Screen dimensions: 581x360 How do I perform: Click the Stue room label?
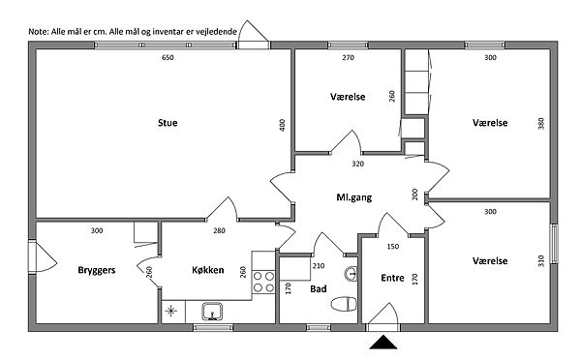click(x=168, y=123)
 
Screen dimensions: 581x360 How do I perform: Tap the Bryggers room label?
click(x=97, y=270)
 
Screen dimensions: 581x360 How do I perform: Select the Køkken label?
click(x=208, y=270)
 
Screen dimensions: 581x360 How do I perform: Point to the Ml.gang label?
click(x=353, y=197)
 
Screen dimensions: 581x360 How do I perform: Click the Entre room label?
click(x=392, y=278)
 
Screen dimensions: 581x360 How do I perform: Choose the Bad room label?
click(x=319, y=289)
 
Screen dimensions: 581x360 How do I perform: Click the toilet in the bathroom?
click(x=344, y=304)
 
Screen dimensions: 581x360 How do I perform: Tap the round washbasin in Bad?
click(x=351, y=274)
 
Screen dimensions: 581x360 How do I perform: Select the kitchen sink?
click(x=212, y=311)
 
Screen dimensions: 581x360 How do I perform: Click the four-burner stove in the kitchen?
click(x=263, y=282)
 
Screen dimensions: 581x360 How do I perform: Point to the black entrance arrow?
click(x=383, y=343)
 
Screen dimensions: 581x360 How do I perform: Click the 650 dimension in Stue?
click(x=168, y=57)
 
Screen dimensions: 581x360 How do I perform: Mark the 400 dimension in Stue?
click(x=283, y=125)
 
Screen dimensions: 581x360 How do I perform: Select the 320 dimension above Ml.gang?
click(x=358, y=164)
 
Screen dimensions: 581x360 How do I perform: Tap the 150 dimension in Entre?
click(x=393, y=247)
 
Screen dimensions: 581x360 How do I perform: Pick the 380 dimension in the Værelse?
click(x=541, y=123)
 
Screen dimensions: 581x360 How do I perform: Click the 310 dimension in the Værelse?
click(x=541, y=260)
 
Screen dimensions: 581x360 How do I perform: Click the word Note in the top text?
click(x=38, y=32)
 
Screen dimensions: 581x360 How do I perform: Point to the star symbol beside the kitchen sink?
click(x=170, y=311)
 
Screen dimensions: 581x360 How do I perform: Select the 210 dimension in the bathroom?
click(x=319, y=265)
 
